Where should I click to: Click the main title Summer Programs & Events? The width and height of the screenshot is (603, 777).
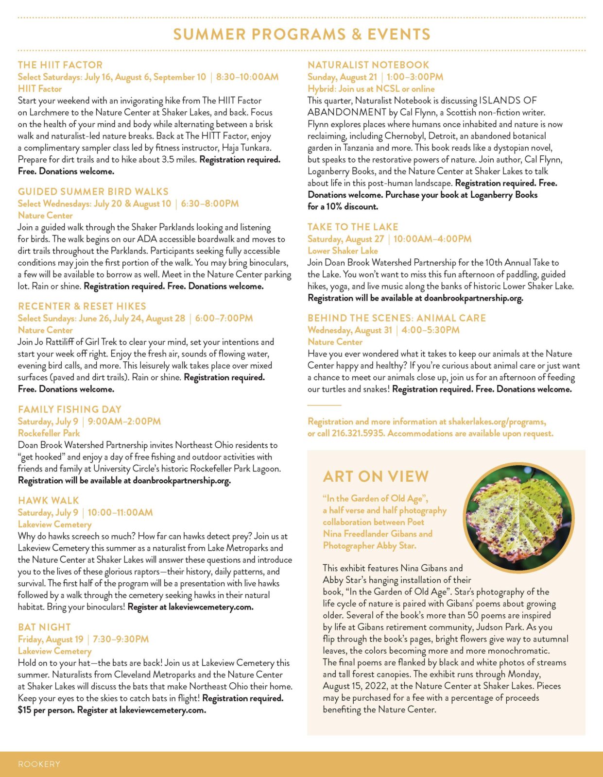pyautogui.click(x=302, y=34)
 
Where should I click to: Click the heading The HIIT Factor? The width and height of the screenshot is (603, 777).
pyautogui.click(x=60, y=65)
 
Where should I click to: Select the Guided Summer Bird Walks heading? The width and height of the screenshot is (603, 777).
pyautogui.click(x=93, y=192)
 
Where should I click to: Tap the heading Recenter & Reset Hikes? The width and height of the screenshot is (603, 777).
pyautogui.click(x=82, y=306)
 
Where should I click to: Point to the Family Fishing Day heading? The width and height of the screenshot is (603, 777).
pyautogui.click(x=69, y=409)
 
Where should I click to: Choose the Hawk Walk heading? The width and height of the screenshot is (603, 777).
pyautogui.click(x=48, y=501)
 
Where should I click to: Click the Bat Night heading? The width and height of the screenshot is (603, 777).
pyautogui.click(x=44, y=627)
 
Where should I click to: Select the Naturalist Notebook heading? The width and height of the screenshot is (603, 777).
pyautogui.click(x=368, y=65)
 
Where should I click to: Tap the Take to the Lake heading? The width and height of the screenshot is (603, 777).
pyautogui.click(x=353, y=227)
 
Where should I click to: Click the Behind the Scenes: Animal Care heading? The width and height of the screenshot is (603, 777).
pyautogui.click(x=396, y=318)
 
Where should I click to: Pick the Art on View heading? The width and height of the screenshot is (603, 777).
pyautogui.click(x=376, y=477)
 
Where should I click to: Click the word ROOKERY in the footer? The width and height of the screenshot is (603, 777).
pyautogui.click(x=39, y=764)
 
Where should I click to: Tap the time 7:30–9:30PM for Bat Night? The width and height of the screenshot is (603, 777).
pyautogui.click(x=121, y=639)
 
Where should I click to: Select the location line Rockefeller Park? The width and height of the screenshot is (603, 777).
pyautogui.click(x=49, y=433)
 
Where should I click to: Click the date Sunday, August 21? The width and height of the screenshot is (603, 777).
pyautogui.click(x=342, y=77)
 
